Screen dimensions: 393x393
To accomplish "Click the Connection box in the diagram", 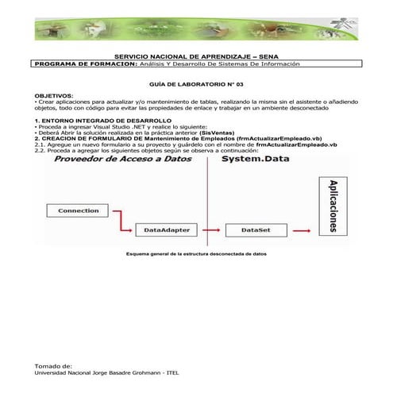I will tap(78, 210).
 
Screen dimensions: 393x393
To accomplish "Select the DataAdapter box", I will tap(165, 230).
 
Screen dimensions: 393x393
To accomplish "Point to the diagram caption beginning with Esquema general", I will tap(191, 254).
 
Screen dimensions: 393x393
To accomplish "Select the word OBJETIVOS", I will tap(54, 94).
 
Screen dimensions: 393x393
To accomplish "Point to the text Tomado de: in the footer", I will tap(53, 367).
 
